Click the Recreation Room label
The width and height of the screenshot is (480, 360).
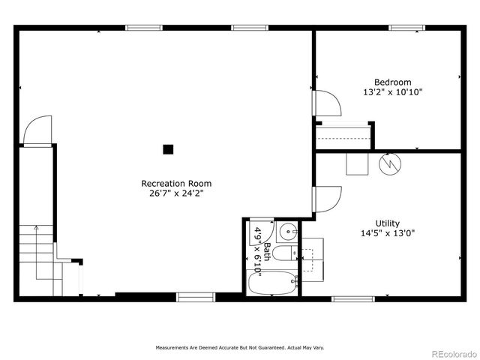point(176,183)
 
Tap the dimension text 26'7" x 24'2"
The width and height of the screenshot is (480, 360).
point(176,193)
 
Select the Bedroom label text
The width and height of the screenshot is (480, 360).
point(392,82)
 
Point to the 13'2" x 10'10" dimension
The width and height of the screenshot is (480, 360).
point(392,92)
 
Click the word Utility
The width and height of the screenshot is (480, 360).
point(388,223)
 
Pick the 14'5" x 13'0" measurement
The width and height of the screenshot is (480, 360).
point(388,232)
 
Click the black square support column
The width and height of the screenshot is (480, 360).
point(169,148)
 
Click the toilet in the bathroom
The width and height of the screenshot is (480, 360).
point(284,253)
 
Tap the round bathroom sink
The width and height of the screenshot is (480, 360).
point(287,231)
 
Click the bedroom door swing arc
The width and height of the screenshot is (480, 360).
point(328,103)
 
